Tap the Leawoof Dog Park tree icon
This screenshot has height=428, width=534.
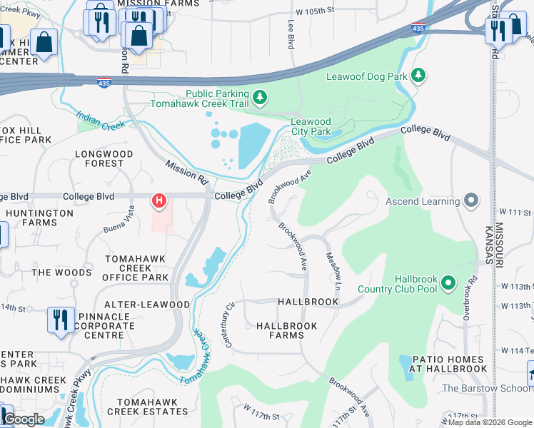[x=419, y=75]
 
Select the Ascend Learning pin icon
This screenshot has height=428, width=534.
[x=470, y=201]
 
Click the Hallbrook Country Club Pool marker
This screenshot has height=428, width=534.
[x=448, y=283]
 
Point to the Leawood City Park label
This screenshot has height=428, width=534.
[x=311, y=127]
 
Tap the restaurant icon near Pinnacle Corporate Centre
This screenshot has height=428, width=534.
[x=61, y=319]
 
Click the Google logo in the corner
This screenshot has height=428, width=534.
[x=23, y=419]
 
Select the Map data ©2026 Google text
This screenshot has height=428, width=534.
[x=489, y=422]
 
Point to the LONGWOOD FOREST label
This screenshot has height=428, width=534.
[x=104, y=158]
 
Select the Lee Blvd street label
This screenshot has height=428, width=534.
[x=291, y=34]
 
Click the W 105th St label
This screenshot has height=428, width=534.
[x=315, y=11]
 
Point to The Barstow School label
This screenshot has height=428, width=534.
[x=487, y=388]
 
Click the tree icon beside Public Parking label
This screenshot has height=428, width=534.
[x=261, y=96]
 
